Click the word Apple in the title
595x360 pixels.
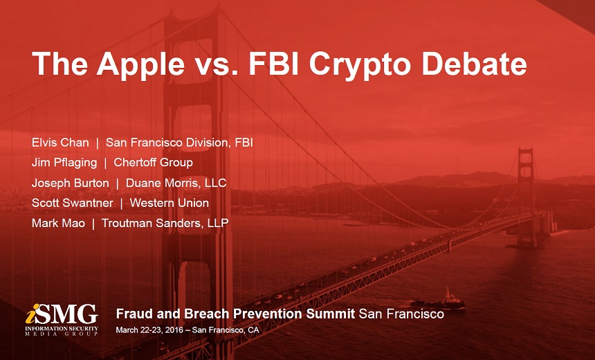140,64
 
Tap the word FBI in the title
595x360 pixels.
273,63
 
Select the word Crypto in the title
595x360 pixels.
360,65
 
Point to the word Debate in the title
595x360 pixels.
475,63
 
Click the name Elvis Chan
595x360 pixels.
60,143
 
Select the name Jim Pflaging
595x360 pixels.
64,163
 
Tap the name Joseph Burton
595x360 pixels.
70,183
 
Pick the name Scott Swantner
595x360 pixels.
72,203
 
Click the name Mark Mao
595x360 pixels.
58,223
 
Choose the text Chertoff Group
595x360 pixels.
154,163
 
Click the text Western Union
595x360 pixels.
170,203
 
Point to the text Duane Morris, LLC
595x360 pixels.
176,183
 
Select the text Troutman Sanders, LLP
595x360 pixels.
165,223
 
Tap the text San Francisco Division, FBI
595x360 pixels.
179,143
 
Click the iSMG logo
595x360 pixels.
62,319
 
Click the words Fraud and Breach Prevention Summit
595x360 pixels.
235,314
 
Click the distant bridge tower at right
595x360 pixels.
527,197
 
